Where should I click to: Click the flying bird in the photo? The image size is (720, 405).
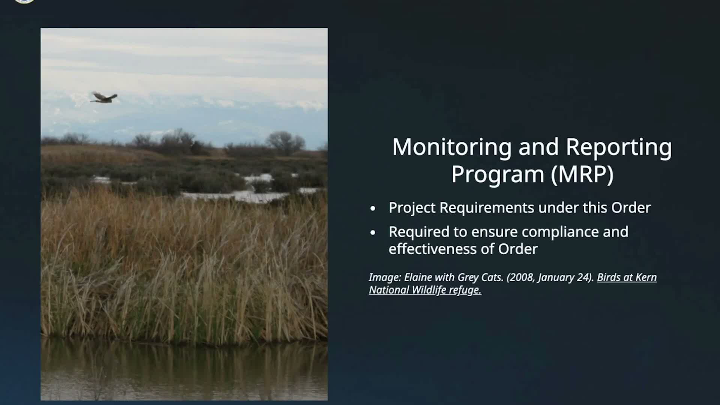pyautogui.click(x=103, y=98)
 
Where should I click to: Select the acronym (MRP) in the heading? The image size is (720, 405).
pyautogui.click(x=582, y=174)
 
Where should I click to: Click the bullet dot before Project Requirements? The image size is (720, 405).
pyautogui.click(x=372, y=208)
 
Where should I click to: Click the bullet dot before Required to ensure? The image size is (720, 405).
pyautogui.click(x=372, y=233)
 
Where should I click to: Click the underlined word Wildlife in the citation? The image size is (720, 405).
pyautogui.click(x=429, y=290)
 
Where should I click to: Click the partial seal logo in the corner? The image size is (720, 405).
pyautogui.click(x=24, y=1)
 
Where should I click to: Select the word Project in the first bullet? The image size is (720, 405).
pyautogui.click(x=412, y=208)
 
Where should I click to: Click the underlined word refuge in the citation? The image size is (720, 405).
pyautogui.click(x=465, y=290)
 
